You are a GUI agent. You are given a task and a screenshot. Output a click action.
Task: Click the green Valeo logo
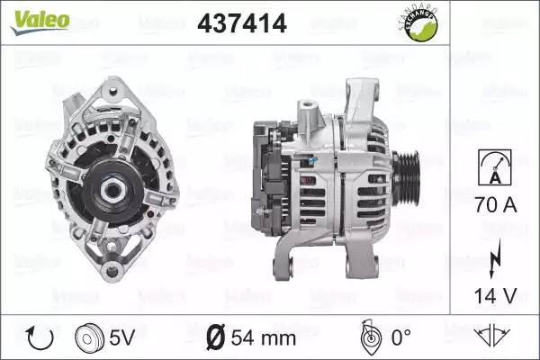click(40, 22)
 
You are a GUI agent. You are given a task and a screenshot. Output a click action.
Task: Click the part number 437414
click(242, 23)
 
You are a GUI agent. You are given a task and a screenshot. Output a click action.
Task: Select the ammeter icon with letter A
click(495, 167)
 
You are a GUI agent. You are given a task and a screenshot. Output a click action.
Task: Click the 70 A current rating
click(496, 204)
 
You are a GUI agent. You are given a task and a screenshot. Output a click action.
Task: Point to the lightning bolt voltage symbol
click(495, 258)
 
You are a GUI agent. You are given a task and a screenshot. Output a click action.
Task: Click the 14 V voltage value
click(496, 295)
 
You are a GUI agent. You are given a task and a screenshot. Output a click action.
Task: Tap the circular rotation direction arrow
click(40, 338)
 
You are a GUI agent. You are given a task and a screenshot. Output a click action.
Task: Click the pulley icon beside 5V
click(89, 337)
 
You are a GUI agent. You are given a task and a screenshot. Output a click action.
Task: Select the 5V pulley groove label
click(121, 337)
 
